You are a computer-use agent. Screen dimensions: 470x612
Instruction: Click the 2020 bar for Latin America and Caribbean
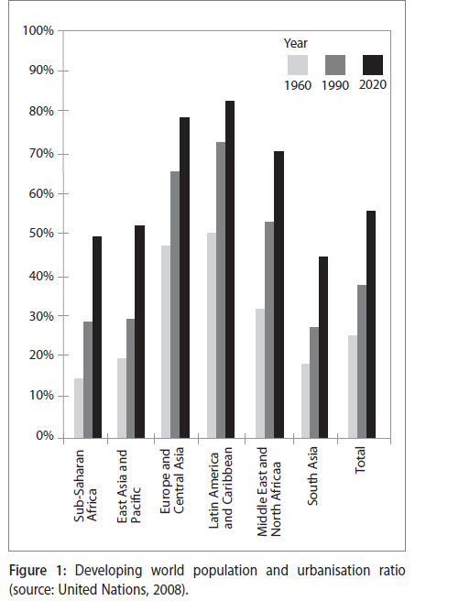point(230,269)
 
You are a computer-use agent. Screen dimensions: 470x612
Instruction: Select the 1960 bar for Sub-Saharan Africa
point(79,408)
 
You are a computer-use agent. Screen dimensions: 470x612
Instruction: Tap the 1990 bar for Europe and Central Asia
point(175,304)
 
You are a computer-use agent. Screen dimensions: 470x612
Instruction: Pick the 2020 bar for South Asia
point(323,347)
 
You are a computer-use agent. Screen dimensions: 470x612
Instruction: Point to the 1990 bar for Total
point(362,361)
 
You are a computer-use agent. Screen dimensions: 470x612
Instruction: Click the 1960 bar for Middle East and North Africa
point(260,373)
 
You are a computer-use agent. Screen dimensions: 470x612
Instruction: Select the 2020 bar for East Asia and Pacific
point(140,332)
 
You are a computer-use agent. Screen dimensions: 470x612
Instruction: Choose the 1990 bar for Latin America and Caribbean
point(221,290)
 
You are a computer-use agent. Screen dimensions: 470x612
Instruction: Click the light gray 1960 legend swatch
point(298,65)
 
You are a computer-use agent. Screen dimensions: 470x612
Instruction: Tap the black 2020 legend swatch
point(373,65)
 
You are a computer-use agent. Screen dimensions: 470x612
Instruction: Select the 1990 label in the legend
point(335,85)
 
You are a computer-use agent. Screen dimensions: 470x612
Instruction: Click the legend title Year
point(296,43)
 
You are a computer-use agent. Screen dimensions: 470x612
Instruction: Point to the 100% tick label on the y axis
point(38,30)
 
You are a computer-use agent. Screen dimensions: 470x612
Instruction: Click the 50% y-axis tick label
point(41,233)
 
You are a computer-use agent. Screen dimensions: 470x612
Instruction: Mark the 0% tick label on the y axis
point(45,435)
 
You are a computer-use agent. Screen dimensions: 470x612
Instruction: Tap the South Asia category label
point(312,475)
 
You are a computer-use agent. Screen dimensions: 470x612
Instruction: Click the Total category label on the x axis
point(360,460)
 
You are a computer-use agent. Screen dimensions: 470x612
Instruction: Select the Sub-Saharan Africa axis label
point(85,486)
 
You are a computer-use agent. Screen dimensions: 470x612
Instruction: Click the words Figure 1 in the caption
point(38,571)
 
